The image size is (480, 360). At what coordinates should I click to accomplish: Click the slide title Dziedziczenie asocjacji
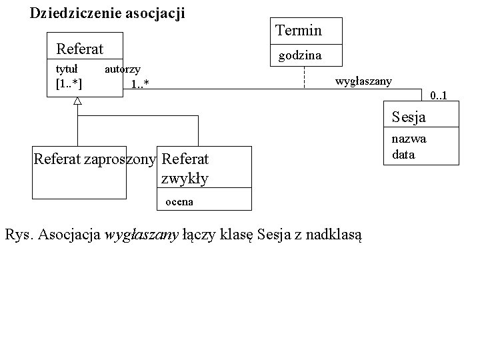pyautogui.click(x=107, y=13)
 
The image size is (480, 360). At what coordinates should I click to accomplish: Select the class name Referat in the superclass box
pyautogui.click(x=79, y=49)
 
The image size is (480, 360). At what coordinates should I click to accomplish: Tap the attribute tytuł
pyautogui.click(x=67, y=69)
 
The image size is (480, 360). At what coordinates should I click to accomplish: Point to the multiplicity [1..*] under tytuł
pyautogui.click(x=69, y=83)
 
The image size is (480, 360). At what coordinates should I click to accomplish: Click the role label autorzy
pyautogui.click(x=123, y=69)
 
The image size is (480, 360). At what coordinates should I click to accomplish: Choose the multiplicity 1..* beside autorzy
pyautogui.click(x=139, y=84)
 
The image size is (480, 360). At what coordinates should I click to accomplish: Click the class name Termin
pyautogui.click(x=298, y=30)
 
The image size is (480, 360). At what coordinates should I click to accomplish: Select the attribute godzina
pyautogui.click(x=299, y=56)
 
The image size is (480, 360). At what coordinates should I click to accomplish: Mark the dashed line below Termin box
pyautogui.click(x=304, y=77)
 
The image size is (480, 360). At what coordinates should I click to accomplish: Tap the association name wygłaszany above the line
pyautogui.click(x=363, y=81)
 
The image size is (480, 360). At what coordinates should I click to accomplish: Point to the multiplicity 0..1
pyautogui.click(x=438, y=97)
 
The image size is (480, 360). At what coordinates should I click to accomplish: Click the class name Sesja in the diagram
pyautogui.click(x=409, y=118)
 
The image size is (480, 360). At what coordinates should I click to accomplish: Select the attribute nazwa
pyautogui.click(x=409, y=139)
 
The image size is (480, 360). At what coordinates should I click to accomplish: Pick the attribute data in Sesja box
pyautogui.click(x=403, y=154)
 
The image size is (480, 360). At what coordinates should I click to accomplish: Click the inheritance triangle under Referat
pyautogui.click(x=77, y=101)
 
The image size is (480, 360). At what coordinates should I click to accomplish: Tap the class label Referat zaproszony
pyautogui.click(x=94, y=159)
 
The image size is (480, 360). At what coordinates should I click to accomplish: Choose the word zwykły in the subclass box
pyautogui.click(x=185, y=178)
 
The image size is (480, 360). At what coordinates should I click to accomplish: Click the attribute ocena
pyautogui.click(x=179, y=201)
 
